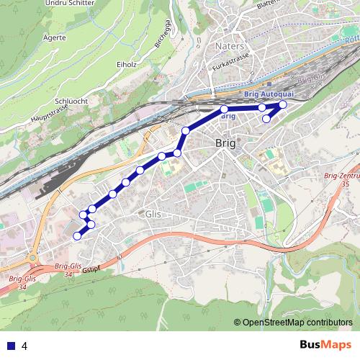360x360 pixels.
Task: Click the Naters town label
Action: click(x=230, y=46)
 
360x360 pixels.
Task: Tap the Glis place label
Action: click(x=153, y=214)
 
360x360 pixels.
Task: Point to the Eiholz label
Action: click(x=127, y=63)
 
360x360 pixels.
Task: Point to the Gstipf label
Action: click(x=91, y=269)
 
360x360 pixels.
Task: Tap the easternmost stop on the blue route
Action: click(x=282, y=105)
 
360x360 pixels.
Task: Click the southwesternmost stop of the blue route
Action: click(x=77, y=235)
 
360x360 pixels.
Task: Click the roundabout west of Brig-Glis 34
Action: click(x=33, y=256)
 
